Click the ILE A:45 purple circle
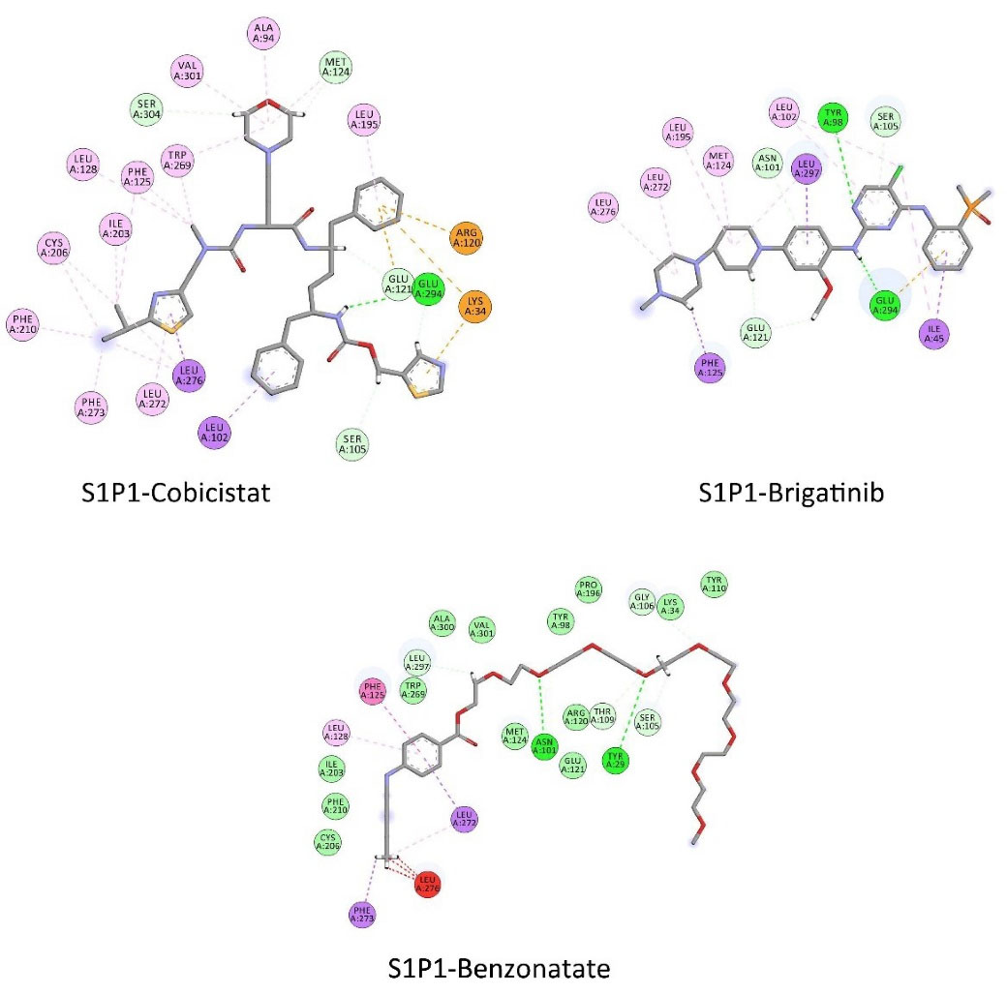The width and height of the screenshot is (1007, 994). click(935, 334)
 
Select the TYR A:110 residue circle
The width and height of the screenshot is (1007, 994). click(715, 584)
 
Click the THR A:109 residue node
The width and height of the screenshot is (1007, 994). click(604, 715)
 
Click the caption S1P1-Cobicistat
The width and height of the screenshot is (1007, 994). click(175, 494)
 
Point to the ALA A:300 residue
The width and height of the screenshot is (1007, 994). click(442, 622)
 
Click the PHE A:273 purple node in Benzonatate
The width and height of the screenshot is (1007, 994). click(362, 913)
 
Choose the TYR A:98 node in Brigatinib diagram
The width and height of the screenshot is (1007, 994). click(834, 116)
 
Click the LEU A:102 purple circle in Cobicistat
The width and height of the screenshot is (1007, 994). click(216, 428)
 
